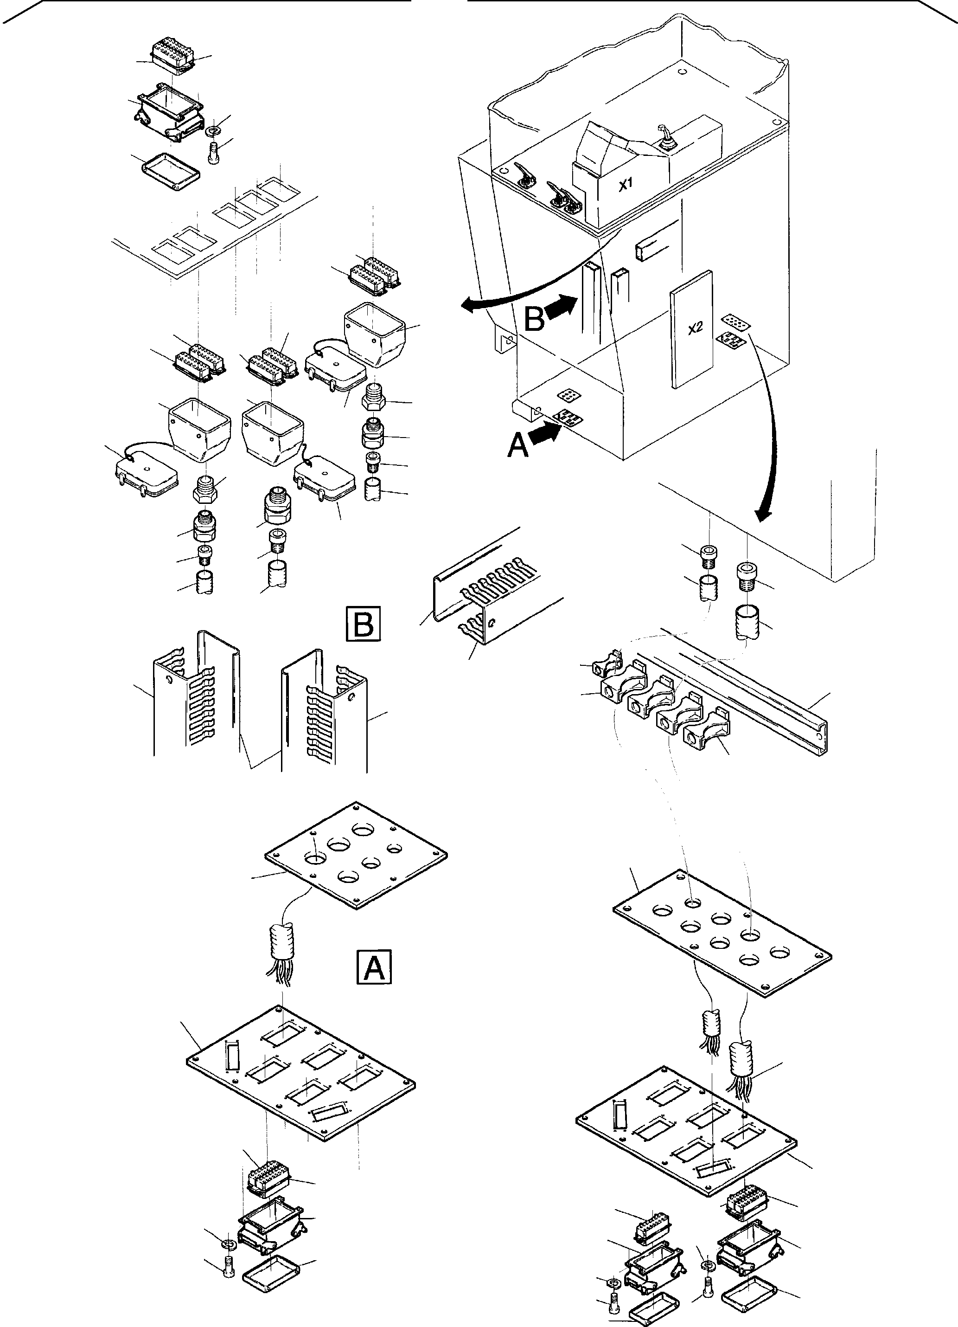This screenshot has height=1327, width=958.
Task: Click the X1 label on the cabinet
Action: (626, 185)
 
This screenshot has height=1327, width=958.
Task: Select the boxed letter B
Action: (363, 625)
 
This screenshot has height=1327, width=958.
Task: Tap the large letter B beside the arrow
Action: (534, 320)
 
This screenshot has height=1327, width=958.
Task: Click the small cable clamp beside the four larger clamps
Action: (605, 665)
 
